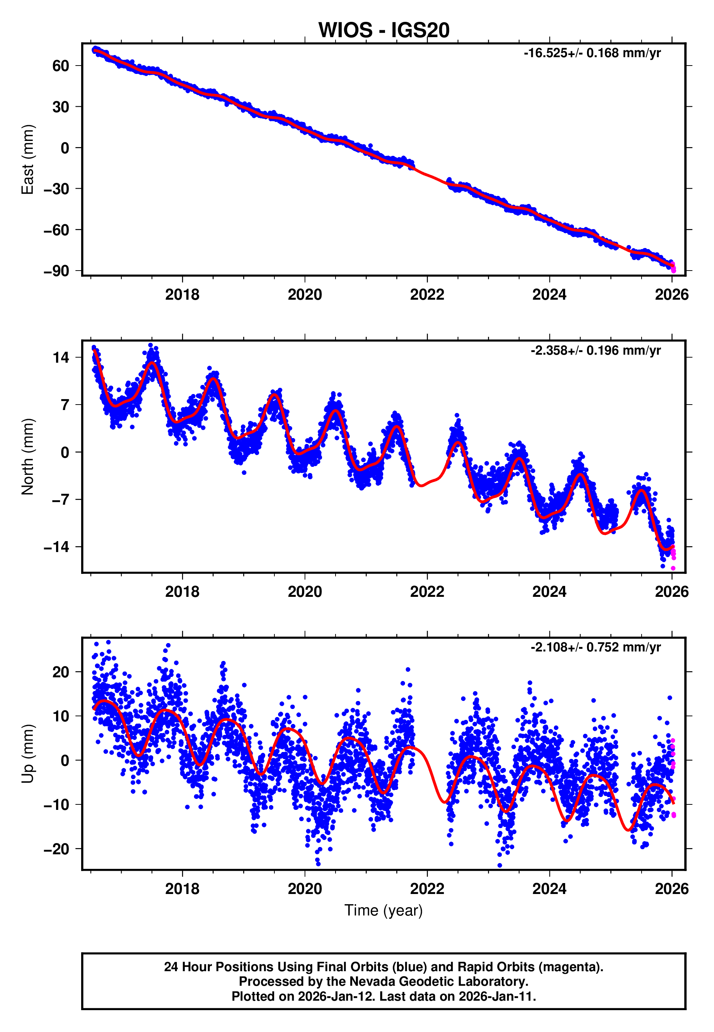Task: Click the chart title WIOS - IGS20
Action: [x=384, y=31]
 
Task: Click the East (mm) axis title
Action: [x=28, y=159]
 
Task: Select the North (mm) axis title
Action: [x=28, y=457]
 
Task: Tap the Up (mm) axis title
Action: [x=28, y=753]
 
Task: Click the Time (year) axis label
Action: [x=384, y=910]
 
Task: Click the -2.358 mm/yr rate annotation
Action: [x=595, y=350]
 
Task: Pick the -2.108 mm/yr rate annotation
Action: [x=595, y=647]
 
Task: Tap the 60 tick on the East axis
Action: [x=60, y=66]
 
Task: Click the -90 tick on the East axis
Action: [x=56, y=271]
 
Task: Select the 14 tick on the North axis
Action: [x=60, y=358]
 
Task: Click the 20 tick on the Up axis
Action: [x=60, y=672]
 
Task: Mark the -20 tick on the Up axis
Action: [x=56, y=849]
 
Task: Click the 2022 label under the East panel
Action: [x=427, y=295]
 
